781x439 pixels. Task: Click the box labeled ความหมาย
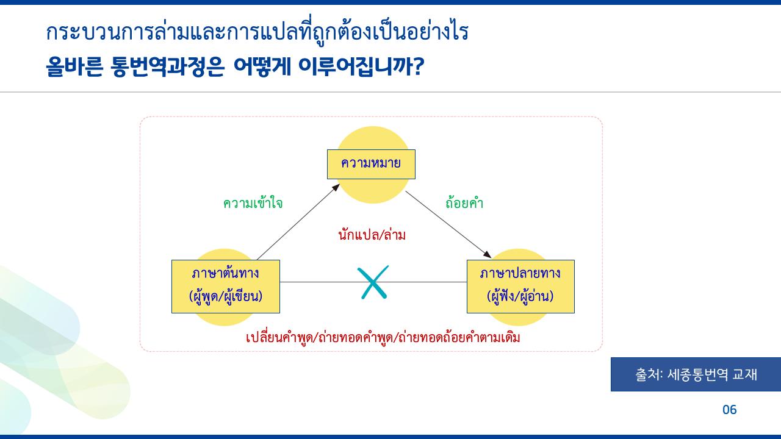370,164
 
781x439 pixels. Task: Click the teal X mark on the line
373,282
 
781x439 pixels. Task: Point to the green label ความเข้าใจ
253,204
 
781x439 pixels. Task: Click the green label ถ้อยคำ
464,204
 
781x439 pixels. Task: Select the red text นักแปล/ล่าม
372,235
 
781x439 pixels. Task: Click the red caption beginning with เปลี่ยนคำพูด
383,337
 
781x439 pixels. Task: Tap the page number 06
729,410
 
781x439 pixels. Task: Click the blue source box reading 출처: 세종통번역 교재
696,374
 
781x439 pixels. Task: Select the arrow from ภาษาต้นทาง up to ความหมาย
298,221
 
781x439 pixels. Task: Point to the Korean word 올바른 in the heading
74,67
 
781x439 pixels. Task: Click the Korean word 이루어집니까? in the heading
361,67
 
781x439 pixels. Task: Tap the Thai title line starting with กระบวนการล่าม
257,32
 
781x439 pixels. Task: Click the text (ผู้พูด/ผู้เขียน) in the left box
225,297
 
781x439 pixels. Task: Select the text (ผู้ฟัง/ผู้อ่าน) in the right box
520,297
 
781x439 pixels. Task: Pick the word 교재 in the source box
745,374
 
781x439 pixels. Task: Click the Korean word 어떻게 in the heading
261,67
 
